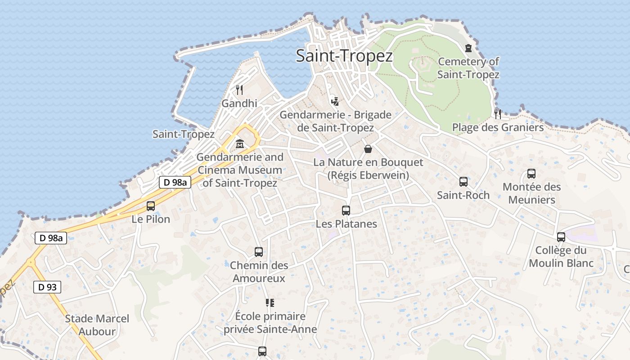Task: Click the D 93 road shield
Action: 47,287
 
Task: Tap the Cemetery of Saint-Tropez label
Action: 468,68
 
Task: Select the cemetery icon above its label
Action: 468,48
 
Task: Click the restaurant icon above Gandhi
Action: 239,90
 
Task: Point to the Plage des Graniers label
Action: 498,127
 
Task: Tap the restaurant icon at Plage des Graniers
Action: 498,114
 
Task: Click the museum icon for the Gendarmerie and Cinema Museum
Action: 240,144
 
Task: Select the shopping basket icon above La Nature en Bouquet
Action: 368,149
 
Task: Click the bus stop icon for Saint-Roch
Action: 463,182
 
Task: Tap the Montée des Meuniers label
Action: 531,193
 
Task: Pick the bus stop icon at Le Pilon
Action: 151,206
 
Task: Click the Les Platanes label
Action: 346,224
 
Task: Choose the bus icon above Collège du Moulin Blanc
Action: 561,237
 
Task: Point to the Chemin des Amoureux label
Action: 259,272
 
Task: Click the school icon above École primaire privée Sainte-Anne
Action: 270,303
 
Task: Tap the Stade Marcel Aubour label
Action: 97,325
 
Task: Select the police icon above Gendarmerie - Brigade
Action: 334,101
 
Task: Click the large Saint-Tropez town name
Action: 344,56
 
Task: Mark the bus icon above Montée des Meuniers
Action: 531,174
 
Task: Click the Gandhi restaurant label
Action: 239,103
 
